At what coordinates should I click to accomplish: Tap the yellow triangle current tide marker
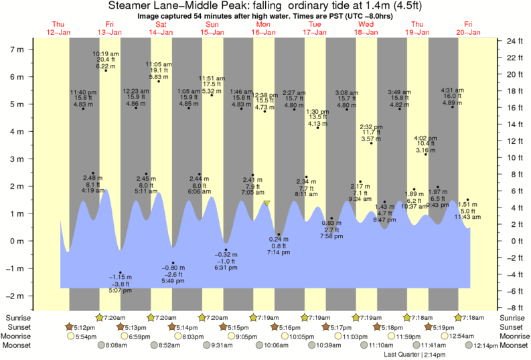(x=267, y=203)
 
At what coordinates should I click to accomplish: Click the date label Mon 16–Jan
(x=263, y=27)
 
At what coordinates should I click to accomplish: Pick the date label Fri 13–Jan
(x=109, y=27)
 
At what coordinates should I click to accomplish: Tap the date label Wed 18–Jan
(x=366, y=27)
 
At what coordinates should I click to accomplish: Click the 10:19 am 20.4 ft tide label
(x=106, y=60)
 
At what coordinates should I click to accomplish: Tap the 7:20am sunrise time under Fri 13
(x=112, y=317)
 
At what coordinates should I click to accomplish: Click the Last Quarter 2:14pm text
(x=416, y=355)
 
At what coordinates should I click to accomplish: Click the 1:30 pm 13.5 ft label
(x=318, y=118)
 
